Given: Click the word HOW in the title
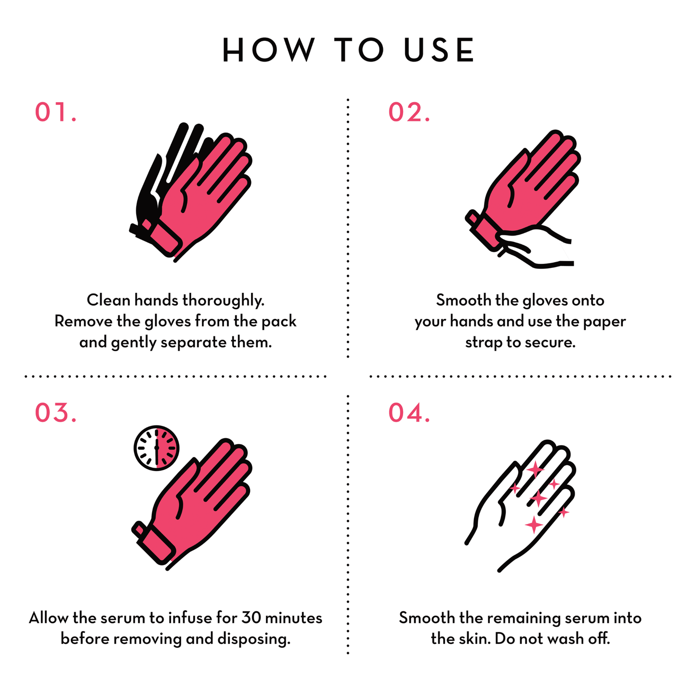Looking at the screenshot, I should [268, 50].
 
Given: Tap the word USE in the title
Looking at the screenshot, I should [439, 50].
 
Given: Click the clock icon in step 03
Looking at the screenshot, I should [157, 447].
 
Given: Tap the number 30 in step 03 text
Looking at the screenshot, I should [251, 617].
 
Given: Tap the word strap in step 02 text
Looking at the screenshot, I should [484, 342].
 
